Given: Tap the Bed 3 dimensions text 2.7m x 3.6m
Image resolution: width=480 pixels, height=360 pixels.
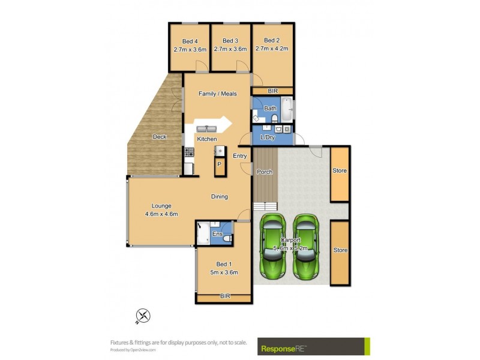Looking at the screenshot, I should point(230,49).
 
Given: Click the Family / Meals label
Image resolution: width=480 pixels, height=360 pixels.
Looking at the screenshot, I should point(218,94).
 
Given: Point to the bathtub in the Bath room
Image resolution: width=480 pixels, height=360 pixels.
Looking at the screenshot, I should point(287,110).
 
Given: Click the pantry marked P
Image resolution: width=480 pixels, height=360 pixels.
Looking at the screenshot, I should point(220,164).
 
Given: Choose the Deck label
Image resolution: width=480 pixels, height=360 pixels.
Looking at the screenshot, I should point(159,137).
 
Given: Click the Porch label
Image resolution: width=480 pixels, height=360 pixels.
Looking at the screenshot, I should point(265,172).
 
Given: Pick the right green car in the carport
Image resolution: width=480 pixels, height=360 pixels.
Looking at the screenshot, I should point(307,246).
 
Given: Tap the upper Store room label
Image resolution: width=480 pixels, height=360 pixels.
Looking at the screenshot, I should point(340,171).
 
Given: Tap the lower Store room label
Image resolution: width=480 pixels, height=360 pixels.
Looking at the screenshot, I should point(340,250).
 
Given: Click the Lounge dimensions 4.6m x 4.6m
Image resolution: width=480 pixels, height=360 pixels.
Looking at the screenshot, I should point(161,214).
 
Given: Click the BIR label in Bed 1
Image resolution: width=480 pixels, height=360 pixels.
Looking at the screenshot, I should point(225,296).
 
